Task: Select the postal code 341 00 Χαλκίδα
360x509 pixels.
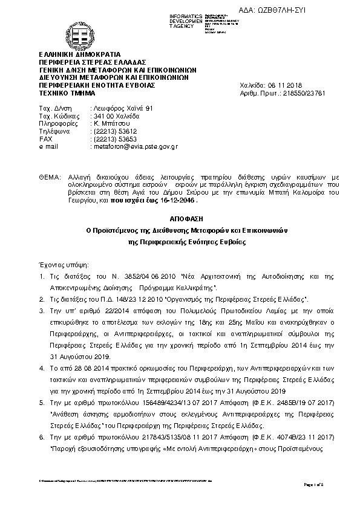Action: click(115, 115)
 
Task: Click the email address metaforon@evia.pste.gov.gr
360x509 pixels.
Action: click(134, 146)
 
